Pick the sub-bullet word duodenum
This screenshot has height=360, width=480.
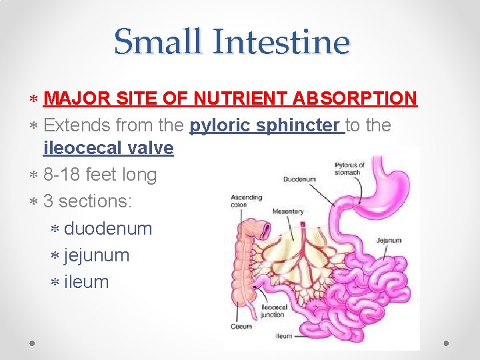[x=108, y=229]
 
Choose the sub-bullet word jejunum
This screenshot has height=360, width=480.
[x=97, y=255]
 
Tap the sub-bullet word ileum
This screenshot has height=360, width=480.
[x=86, y=282]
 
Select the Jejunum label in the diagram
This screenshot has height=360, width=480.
[x=389, y=238]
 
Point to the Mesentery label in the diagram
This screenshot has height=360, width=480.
[x=288, y=211]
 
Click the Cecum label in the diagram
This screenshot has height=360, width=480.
[x=241, y=327]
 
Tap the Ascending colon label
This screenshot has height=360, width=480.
[x=246, y=201]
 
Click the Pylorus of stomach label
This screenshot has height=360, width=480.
[x=349, y=168]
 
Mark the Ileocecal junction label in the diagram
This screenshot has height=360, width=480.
[x=273, y=310]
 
